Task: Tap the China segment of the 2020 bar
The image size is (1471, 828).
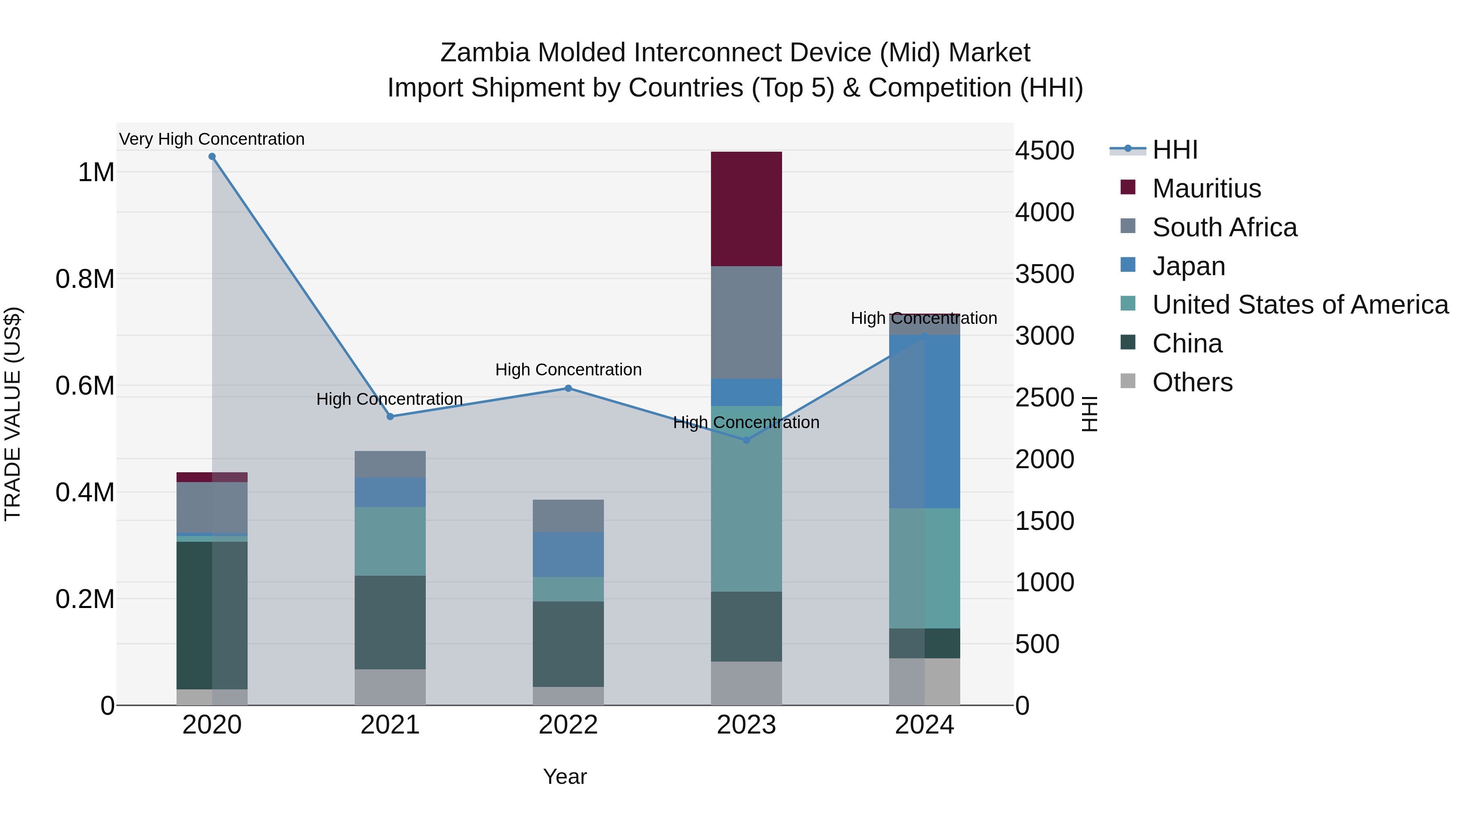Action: (212, 615)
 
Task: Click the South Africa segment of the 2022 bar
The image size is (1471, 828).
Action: (568, 516)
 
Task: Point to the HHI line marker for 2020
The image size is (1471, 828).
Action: (212, 157)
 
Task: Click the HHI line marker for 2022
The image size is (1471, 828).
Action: (568, 388)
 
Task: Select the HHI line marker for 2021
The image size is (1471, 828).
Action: (390, 417)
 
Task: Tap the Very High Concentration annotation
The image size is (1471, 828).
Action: (212, 139)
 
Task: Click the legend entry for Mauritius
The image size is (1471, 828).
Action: (1206, 188)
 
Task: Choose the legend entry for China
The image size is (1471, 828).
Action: (1187, 343)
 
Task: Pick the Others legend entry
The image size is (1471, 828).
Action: (1192, 382)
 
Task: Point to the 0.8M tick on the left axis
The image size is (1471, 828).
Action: (85, 279)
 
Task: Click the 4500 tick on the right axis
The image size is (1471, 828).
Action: (1044, 151)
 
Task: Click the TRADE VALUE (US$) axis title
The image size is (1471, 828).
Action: (13, 414)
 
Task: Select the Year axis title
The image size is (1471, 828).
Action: (565, 776)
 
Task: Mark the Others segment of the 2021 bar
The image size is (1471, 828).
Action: (390, 687)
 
